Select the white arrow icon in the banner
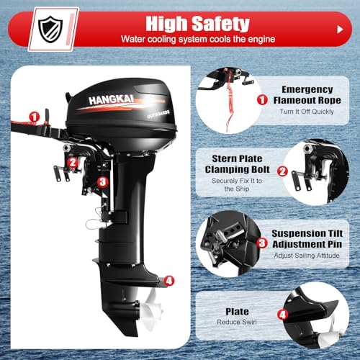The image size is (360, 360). point(339,30)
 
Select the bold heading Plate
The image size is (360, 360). point(238,312)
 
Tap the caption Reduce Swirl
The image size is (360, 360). point(238,323)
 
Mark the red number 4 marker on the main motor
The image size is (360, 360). point(168,280)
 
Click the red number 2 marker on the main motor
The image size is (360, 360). point(72,161)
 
